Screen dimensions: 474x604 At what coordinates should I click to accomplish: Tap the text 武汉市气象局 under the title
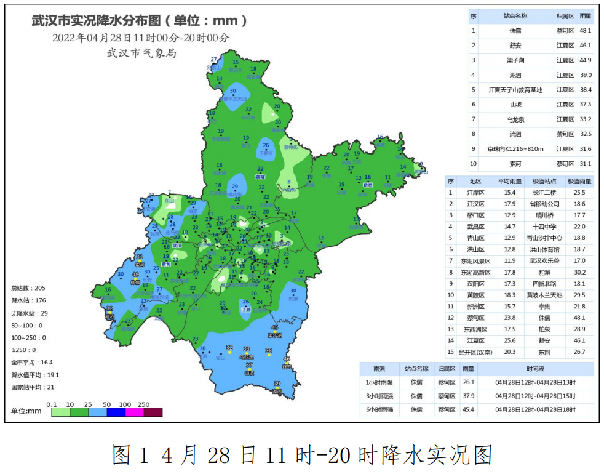[141, 54]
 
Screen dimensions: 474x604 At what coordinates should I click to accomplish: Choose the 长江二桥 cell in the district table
[544, 193]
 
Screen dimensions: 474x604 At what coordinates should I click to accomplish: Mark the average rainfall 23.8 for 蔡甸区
[509, 318]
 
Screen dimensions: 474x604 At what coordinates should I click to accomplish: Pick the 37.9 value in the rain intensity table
[469, 395]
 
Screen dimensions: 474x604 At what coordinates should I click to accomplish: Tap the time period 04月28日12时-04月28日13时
[535, 382]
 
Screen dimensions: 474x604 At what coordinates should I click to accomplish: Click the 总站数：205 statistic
[28, 288]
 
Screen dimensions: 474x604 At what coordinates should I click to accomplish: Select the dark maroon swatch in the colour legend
[153, 412]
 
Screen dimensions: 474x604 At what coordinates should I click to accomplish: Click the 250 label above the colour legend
[143, 404]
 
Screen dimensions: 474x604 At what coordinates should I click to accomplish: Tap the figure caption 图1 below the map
[129, 455]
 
